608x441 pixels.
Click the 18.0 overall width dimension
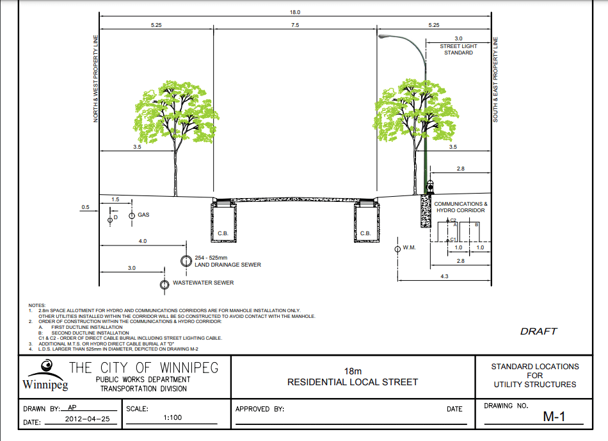[294, 12]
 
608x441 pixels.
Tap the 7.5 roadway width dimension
[295, 25]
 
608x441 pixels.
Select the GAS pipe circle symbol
[132, 215]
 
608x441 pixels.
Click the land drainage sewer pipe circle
[186, 261]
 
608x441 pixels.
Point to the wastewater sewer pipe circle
[164, 285]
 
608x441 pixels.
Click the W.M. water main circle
[397, 249]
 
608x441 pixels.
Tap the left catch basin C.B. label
[223, 233]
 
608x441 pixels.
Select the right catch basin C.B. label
[365, 233]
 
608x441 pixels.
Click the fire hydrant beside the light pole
[430, 187]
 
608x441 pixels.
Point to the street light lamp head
[383, 37]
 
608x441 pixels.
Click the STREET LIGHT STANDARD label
[458, 49]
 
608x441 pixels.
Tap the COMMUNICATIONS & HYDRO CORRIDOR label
[461, 207]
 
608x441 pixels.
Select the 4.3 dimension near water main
[444, 276]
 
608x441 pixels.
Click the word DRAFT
[538, 331]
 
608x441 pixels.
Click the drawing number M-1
[554, 417]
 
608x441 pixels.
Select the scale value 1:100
[173, 418]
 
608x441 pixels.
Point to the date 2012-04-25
[87, 419]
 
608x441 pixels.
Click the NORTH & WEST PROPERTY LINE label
[96, 79]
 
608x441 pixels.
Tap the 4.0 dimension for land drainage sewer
[143, 241]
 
